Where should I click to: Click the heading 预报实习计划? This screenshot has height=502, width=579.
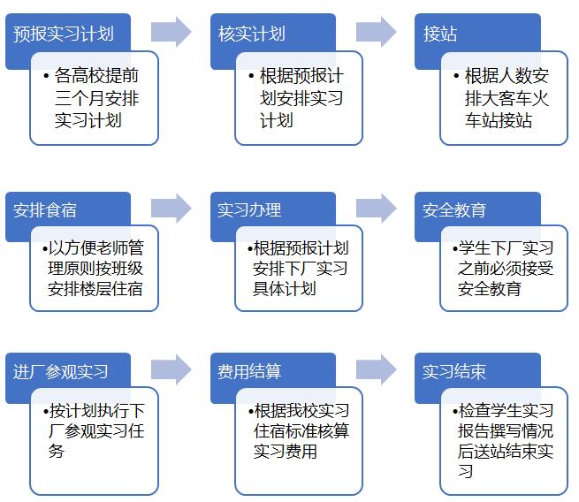[64, 34]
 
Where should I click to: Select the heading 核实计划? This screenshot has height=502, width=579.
[251, 34]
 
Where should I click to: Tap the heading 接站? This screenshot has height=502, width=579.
[440, 34]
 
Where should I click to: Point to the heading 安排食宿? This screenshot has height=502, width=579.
[45, 210]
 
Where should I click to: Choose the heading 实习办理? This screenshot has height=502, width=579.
[249, 210]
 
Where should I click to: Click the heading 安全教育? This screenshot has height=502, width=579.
[454, 210]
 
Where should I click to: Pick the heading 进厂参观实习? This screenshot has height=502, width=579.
[61, 372]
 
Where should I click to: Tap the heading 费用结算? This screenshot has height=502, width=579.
[249, 372]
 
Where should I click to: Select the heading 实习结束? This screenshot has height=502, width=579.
[454, 372]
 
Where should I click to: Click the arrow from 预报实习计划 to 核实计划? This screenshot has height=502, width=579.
[171, 32]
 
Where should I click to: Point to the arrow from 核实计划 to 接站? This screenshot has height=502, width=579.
[377, 32]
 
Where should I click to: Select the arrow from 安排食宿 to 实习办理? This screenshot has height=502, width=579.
[171, 209]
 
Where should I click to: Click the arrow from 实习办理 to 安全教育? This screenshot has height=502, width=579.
[377, 209]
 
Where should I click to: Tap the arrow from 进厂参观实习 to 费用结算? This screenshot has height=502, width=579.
[171, 369]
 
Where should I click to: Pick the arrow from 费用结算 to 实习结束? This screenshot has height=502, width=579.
[377, 369]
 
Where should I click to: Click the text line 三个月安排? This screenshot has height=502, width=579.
[96, 98]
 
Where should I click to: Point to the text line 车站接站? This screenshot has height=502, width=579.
[499, 121]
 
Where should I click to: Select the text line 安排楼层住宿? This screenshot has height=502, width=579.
[95, 289]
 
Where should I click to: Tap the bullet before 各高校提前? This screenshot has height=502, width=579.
[46, 76]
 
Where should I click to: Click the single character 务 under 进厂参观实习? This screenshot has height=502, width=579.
[56, 451]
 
